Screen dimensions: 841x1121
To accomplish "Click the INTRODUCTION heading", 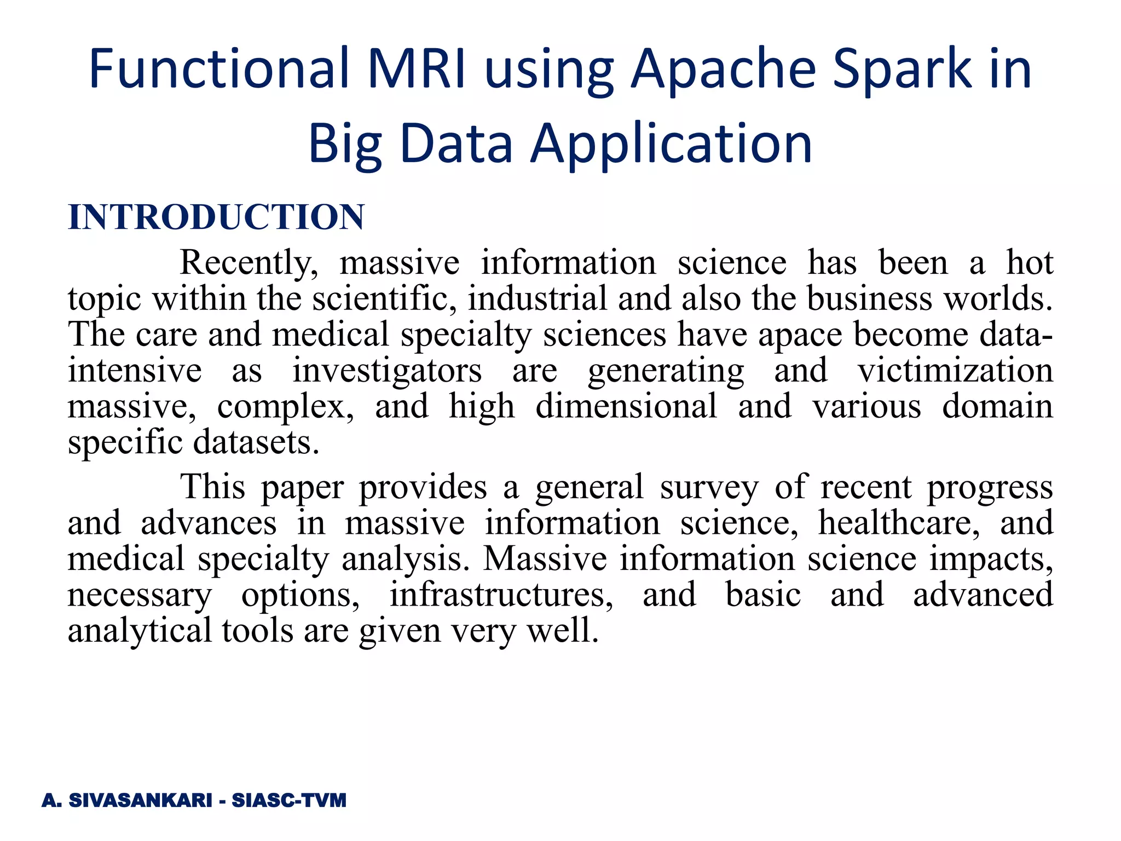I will [x=216, y=217].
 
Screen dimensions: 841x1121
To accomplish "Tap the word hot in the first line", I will [x=1029, y=263].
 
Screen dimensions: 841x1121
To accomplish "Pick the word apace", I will [x=800, y=335].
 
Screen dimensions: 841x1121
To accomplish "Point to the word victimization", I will [x=955, y=371].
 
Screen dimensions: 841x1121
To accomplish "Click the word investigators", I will [x=387, y=371].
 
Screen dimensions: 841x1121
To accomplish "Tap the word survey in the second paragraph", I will [x=709, y=487].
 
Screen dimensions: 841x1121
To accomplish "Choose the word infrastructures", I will [x=501, y=595].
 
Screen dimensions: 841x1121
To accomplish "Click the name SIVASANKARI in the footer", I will [x=140, y=800].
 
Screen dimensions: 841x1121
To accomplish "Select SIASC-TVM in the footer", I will [x=289, y=800].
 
